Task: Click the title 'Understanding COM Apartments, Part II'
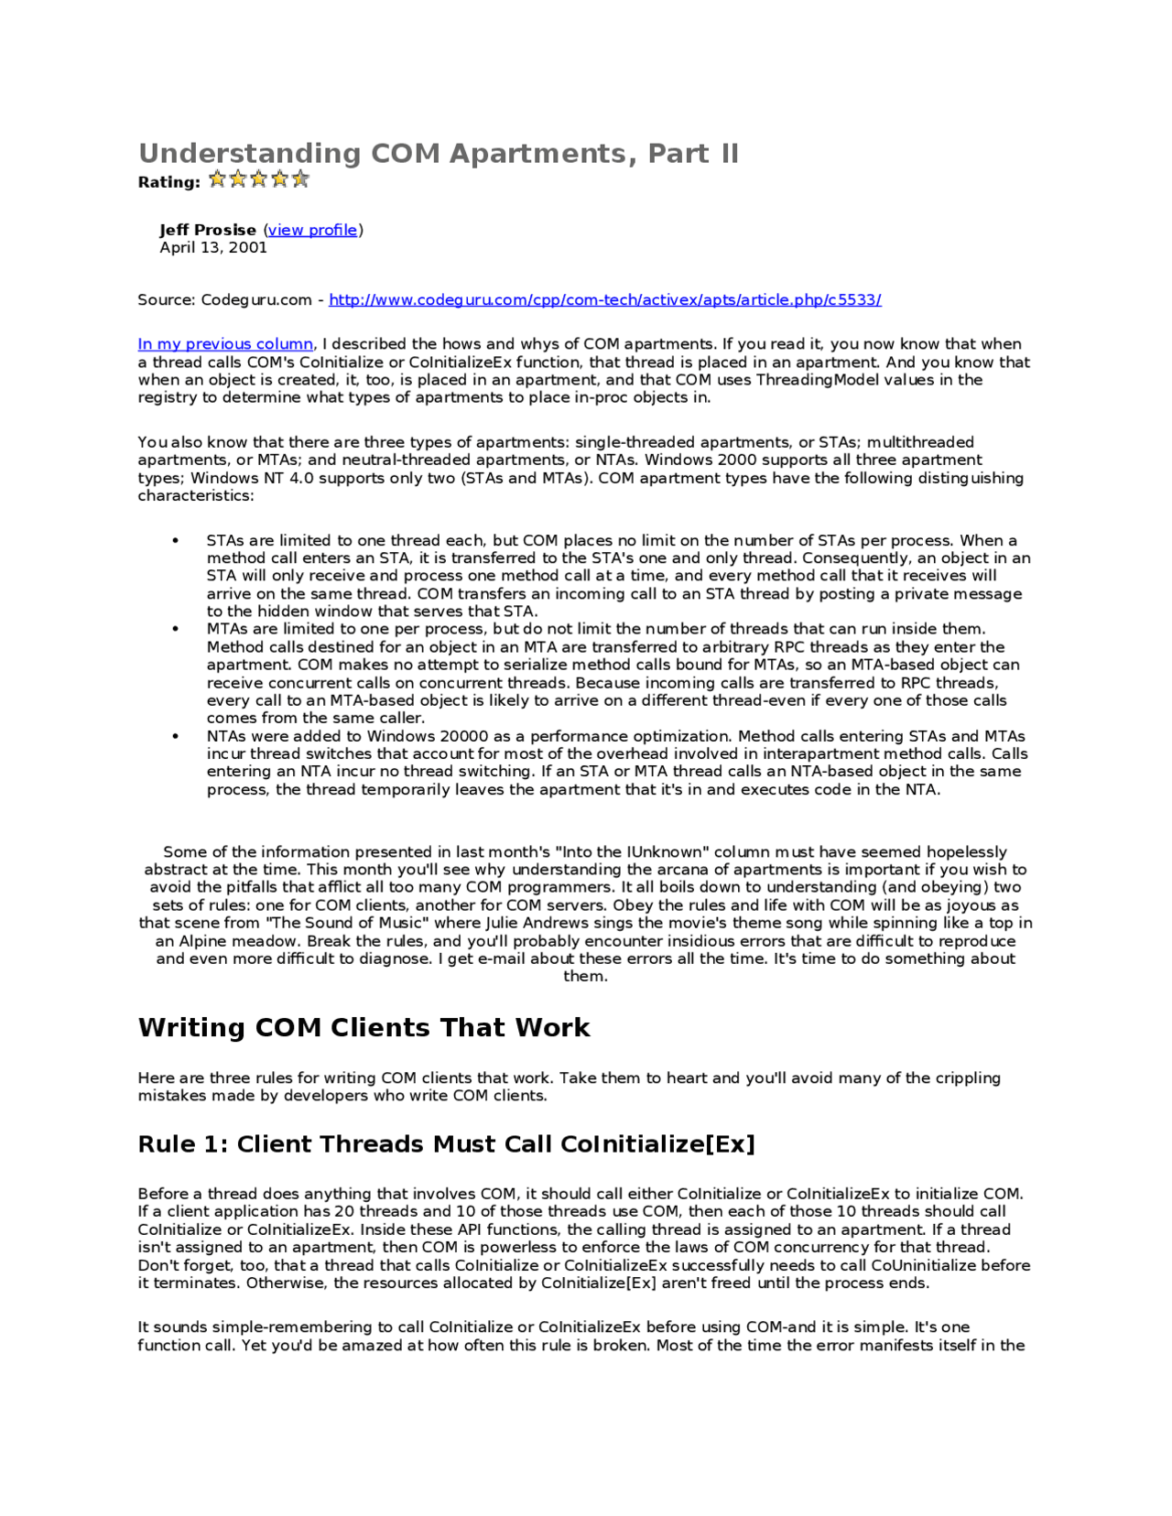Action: click(x=438, y=153)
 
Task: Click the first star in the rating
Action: click(x=217, y=179)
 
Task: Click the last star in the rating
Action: click(x=300, y=179)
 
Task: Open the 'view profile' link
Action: click(x=312, y=230)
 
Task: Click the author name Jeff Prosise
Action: click(x=208, y=230)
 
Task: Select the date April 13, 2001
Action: click(x=213, y=247)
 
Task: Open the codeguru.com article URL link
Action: click(x=604, y=300)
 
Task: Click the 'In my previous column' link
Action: click(x=225, y=344)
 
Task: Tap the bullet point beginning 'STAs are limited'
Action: click(x=175, y=541)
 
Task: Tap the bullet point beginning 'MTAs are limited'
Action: click(x=175, y=629)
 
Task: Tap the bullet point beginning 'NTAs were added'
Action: click(x=175, y=736)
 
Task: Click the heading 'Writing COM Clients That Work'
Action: click(x=364, y=1027)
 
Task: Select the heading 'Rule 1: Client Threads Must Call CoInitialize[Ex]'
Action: click(x=446, y=1144)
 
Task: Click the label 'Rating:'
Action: click(x=168, y=182)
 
